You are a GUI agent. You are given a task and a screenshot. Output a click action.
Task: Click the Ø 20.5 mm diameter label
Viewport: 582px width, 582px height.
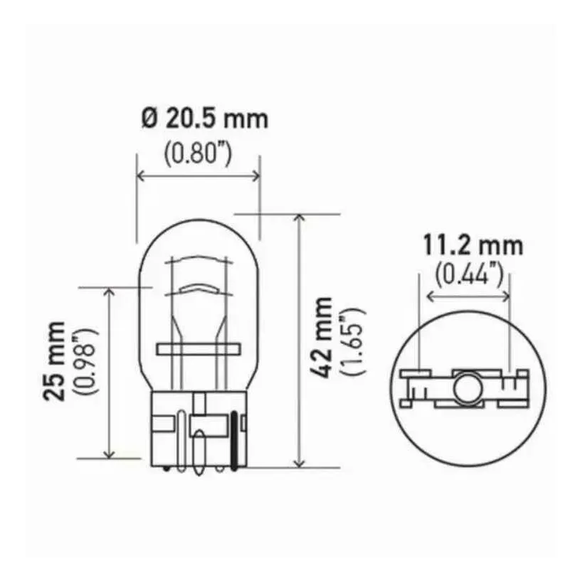click(204, 119)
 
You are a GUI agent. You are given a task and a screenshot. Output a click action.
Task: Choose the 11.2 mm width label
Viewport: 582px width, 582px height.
click(472, 246)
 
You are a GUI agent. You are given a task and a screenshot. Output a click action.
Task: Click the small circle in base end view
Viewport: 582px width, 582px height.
click(466, 386)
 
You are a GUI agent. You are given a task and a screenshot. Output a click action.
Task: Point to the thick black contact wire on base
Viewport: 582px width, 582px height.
click(235, 439)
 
